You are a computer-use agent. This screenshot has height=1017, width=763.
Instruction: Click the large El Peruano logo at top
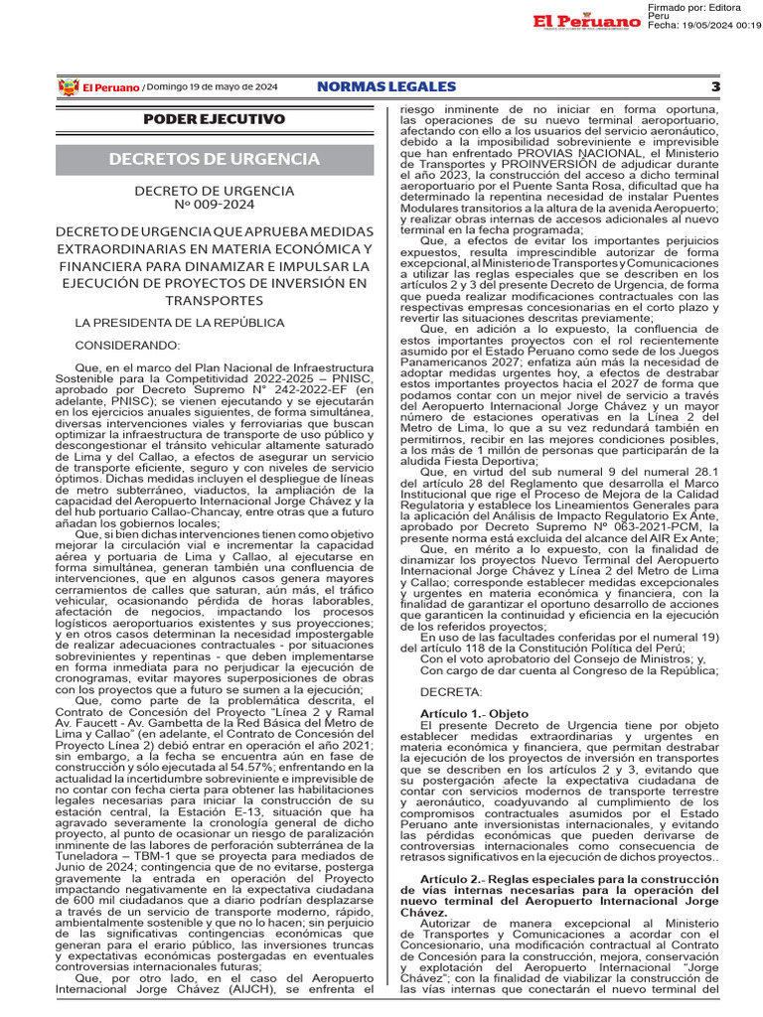(x=584, y=22)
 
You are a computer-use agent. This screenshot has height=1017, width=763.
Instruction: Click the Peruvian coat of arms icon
(x=68, y=87)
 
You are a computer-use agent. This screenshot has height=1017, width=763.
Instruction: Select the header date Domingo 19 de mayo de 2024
(x=213, y=87)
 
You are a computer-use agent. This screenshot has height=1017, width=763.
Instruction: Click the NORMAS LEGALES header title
(x=385, y=87)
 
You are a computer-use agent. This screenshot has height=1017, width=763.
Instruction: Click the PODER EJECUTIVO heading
(x=214, y=119)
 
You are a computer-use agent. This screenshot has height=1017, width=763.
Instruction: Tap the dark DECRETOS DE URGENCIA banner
(x=214, y=159)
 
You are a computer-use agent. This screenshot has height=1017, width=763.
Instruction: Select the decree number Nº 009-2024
(x=214, y=207)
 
